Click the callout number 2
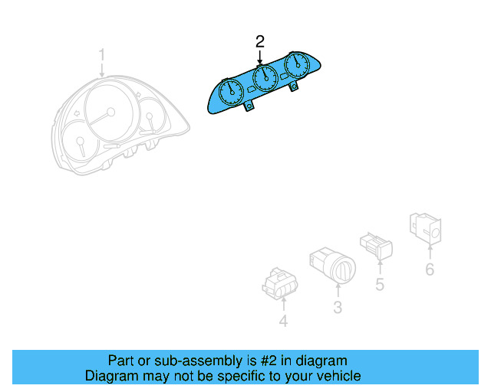tap(261, 41)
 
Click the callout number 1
tap(101, 54)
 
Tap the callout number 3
tap(337, 308)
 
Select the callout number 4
tap(283, 322)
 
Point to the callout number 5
tap(380, 285)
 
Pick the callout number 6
tap(430, 269)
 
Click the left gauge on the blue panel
tap(232, 94)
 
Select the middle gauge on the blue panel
tap(264, 77)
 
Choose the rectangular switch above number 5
tap(376, 245)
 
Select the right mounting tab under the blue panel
tap(295, 88)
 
